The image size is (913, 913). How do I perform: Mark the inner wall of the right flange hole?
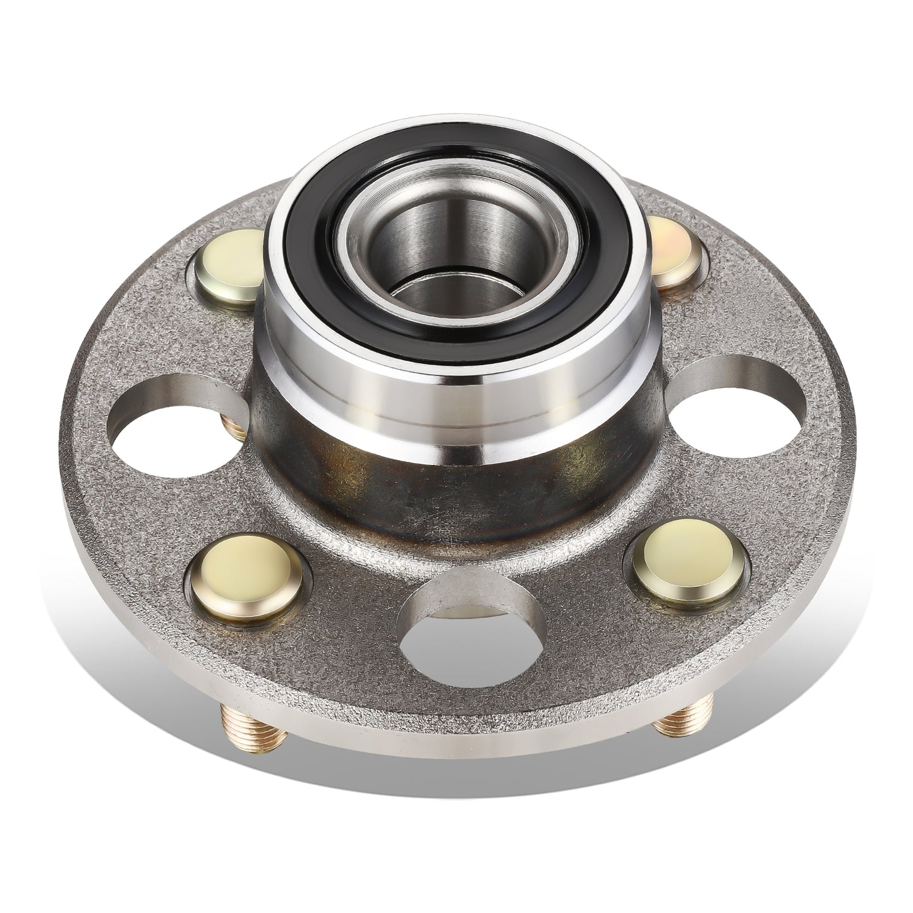tap(733, 373)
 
